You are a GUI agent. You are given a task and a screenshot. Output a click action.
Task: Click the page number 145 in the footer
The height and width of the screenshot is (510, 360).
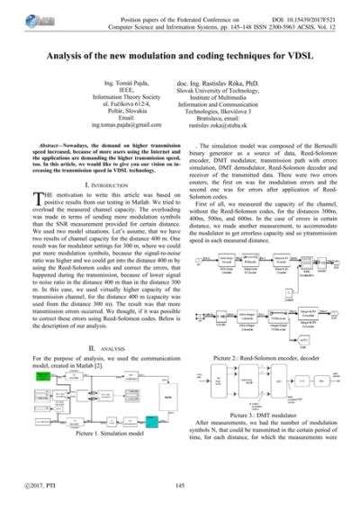tap(179, 487)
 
